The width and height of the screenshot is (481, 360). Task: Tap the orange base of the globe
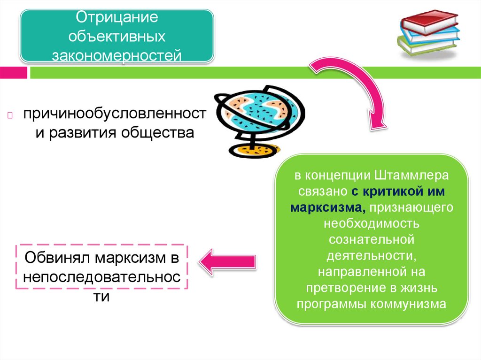[254, 150]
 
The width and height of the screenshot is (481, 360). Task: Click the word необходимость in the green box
[371, 223]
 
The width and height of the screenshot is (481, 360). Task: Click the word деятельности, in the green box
[371, 255]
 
